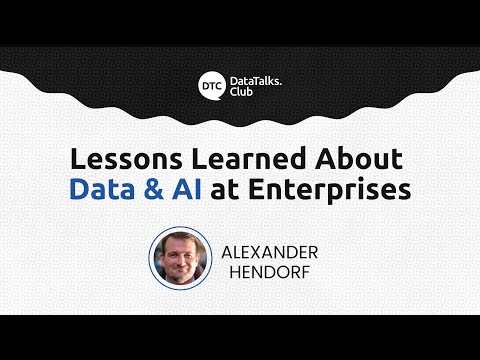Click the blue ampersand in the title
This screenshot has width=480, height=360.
coord(159,189)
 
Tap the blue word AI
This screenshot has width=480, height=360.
coord(195,189)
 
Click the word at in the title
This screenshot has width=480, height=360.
coord(236,190)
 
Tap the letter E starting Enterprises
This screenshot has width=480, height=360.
coord(265,189)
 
